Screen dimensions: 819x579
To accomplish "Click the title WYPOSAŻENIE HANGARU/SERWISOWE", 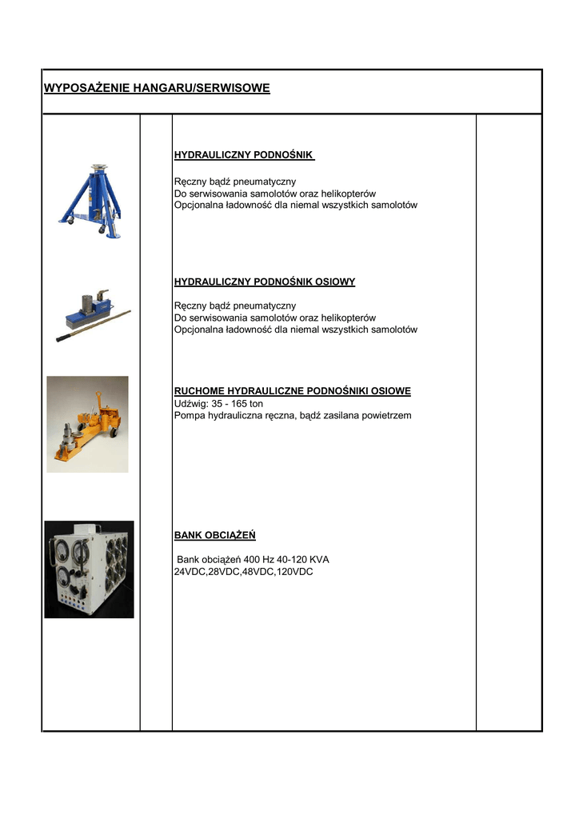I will pyautogui.click(x=157, y=88).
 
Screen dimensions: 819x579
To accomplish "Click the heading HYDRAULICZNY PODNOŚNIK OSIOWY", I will pyautogui.click(x=265, y=282).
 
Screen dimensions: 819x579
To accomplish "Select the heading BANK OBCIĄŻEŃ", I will pyautogui.click(x=215, y=535).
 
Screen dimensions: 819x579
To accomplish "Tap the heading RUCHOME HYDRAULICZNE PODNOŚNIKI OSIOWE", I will pyautogui.click(x=293, y=391).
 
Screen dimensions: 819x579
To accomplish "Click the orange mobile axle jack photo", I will pyautogui.click(x=87, y=424).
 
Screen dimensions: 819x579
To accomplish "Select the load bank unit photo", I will pyautogui.click(x=89, y=569).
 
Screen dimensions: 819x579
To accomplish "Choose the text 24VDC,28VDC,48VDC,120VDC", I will pyautogui.click(x=243, y=572).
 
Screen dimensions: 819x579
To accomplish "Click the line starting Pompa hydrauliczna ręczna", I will pyautogui.click(x=293, y=416).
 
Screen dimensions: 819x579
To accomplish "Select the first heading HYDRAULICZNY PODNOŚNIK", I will pyautogui.click(x=244, y=154).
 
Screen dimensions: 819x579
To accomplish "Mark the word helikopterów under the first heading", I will pyautogui.click(x=349, y=194).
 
